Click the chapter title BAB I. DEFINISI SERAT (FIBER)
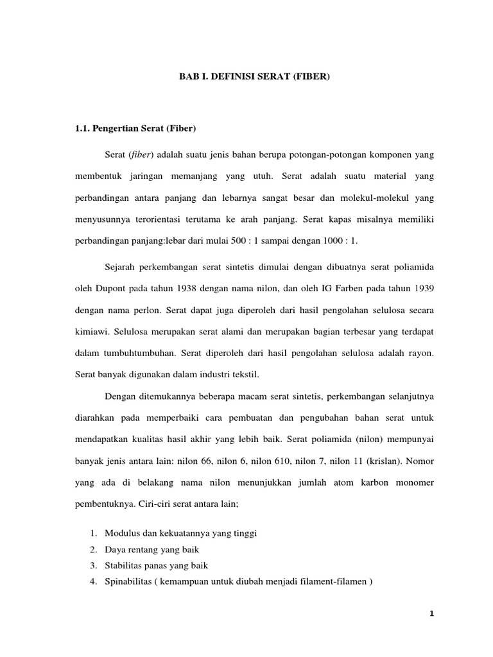click(x=254, y=77)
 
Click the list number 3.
click(x=92, y=565)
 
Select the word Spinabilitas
click(x=126, y=581)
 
